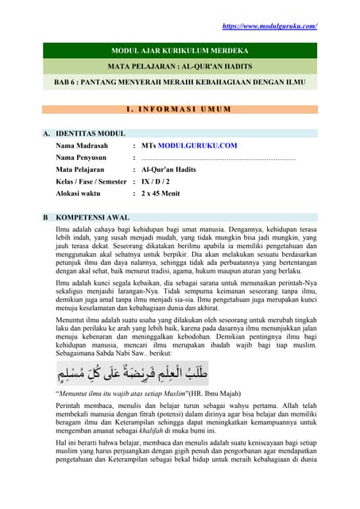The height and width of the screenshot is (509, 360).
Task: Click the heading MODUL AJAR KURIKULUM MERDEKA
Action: click(180, 49)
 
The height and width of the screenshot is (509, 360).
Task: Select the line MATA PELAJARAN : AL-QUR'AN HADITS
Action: click(180, 65)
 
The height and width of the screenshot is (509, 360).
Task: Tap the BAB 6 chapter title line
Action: click(180, 81)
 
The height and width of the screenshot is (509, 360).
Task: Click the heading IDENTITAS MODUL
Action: click(90, 134)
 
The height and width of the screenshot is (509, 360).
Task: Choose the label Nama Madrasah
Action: click(81, 146)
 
